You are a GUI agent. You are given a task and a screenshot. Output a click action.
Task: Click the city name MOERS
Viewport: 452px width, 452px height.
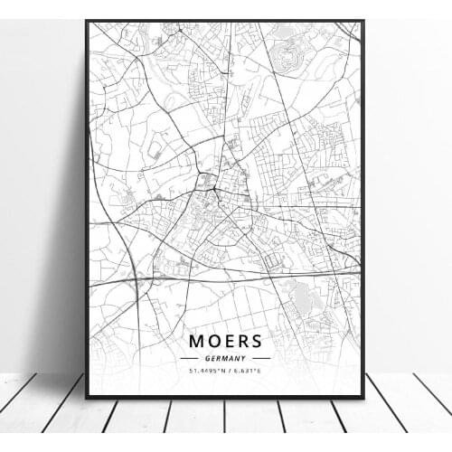[226, 341]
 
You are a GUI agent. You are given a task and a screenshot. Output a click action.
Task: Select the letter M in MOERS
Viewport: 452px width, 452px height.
[196, 341]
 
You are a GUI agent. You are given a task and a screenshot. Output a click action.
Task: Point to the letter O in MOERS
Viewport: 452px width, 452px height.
[213, 341]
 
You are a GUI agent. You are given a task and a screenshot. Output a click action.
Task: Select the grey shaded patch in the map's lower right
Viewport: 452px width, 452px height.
[298, 294]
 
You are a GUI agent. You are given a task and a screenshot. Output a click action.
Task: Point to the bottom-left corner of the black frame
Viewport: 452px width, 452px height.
[87, 397]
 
